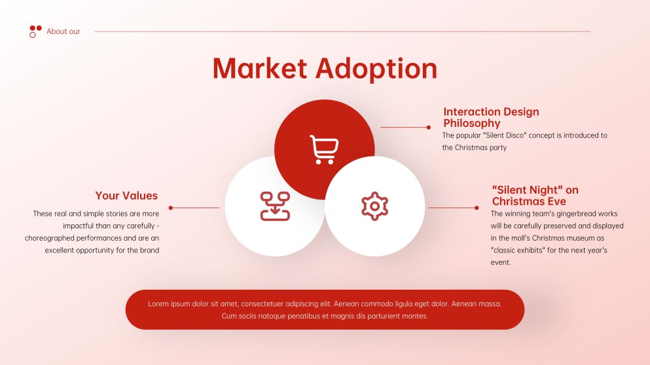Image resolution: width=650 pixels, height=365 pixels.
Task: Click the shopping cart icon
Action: click(324, 150)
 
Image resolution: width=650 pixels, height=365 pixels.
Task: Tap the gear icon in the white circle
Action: click(374, 206)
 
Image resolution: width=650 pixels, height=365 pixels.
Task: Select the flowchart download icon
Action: click(275, 206)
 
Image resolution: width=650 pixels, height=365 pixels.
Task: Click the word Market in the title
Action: click(260, 69)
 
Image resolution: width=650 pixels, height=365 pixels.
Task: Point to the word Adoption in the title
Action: click(376, 69)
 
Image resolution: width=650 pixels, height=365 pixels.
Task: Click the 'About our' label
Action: click(63, 31)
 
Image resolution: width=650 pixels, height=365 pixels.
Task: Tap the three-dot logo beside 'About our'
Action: click(35, 31)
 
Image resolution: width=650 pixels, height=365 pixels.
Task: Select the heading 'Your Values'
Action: click(126, 196)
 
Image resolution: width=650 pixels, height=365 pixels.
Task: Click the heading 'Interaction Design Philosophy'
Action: click(491, 118)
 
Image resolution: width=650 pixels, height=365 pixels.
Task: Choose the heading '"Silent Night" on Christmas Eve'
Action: click(535, 196)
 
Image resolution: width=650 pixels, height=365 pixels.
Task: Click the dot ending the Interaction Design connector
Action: click(429, 128)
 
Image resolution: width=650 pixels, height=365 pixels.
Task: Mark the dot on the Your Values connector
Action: click(171, 208)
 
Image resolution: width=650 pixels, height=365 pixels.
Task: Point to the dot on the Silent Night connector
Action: click(477, 208)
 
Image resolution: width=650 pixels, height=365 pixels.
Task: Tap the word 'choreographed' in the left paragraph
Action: click(52, 238)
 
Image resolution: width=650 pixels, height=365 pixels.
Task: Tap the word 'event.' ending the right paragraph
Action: click(501, 262)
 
